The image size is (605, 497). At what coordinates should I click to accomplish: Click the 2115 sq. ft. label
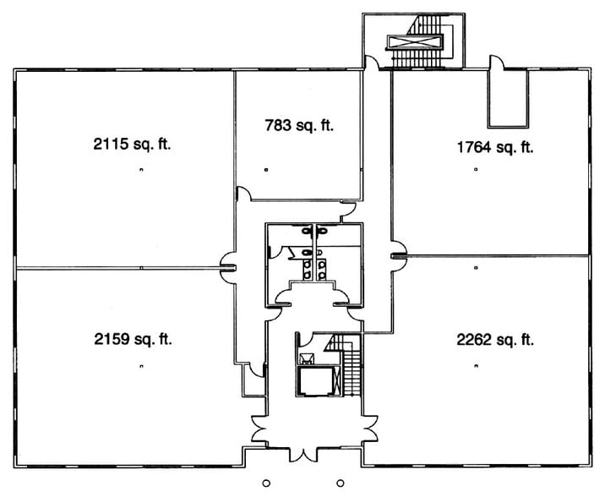(133, 144)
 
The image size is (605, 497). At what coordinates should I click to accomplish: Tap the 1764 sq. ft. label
(495, 147)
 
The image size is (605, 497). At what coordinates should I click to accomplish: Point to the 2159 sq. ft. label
(133, 340)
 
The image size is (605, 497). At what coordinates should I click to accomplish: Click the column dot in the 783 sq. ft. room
(266, 171)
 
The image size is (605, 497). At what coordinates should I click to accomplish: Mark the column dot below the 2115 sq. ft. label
(141, 171)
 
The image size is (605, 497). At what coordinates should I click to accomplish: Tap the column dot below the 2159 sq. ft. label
(141, 366)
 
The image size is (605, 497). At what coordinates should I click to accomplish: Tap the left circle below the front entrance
(265, 483)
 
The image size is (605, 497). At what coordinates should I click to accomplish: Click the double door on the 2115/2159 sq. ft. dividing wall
(228, 267)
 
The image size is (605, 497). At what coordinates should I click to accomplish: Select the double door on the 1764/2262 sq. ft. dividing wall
(396, 254)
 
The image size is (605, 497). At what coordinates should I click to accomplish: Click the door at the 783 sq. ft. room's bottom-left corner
(243, 194)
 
